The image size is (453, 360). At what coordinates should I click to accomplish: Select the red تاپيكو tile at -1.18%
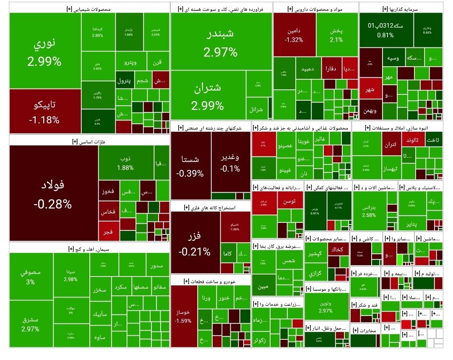(45, 111)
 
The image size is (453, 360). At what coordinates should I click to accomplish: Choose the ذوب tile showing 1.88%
(125, 163)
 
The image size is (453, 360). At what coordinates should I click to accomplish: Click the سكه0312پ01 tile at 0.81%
(385, 29)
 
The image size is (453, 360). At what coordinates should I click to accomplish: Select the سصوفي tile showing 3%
(31, 277)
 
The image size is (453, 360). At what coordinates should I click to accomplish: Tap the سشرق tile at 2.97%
(31, 324)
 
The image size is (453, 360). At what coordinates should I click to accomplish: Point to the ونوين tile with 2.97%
(326, 307)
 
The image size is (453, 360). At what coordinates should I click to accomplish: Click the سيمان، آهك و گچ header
(89, 248)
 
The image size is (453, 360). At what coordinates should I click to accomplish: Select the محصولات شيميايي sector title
(89, 8)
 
